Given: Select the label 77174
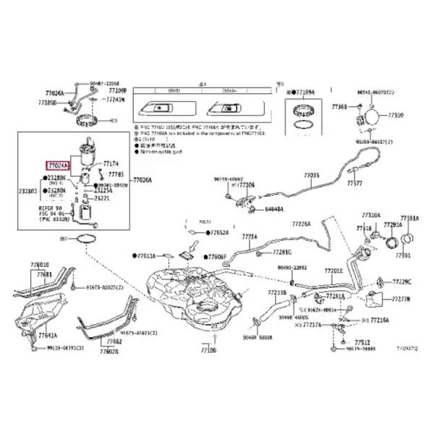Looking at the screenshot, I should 110,164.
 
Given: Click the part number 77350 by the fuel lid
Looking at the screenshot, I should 396,115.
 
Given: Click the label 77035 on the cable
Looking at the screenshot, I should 311,175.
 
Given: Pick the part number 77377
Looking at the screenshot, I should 354,184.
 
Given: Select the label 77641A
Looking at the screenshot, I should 48,336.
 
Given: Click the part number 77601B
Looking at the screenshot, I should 41,265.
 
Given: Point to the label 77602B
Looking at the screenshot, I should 109,351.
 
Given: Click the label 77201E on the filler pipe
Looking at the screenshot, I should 333,271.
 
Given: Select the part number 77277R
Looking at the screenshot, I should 401,298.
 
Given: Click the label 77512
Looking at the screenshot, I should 362,341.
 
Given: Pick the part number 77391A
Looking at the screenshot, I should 409,218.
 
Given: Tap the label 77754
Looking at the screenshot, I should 250,237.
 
